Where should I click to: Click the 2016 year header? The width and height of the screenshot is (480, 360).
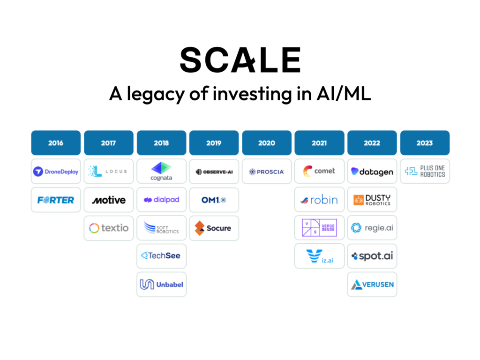click(x=56, y=142)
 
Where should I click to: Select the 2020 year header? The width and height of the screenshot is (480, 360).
click(x=267, y=142)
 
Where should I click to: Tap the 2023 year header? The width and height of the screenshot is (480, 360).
click(x=425, y=142)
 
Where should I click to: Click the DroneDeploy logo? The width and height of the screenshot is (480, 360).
click(x=56, y=172)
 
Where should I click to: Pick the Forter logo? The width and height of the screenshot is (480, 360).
click(x=56, y=200)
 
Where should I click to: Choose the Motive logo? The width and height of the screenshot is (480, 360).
click(x=109, y=200)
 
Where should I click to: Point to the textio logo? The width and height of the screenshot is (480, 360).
click(x=109, y=228)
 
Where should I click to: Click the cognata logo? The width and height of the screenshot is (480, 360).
click(x=161, y=172)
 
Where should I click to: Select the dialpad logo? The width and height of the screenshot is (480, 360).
click(x=161, y=200)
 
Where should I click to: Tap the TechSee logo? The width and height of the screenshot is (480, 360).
click(x=161, y=255)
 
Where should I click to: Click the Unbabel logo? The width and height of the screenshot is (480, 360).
click(x=161, y=285)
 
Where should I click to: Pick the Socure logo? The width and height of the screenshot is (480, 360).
click(x=213, y=228)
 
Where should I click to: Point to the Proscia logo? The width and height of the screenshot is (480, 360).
click(x=267, y=172)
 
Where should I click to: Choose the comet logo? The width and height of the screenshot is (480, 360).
click(x=319, y=171)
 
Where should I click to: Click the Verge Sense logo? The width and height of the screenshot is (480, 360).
click(x=319, y=227)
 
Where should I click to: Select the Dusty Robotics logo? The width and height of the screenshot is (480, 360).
click(x=372, y=200)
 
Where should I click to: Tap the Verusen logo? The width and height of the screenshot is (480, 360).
click(x=372, y=285)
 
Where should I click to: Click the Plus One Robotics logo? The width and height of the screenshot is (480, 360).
click(x=425, y=171)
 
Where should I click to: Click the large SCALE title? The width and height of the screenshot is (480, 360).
click(x=240, y=60)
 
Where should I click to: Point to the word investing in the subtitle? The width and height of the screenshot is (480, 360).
click(x=252, y=94)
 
